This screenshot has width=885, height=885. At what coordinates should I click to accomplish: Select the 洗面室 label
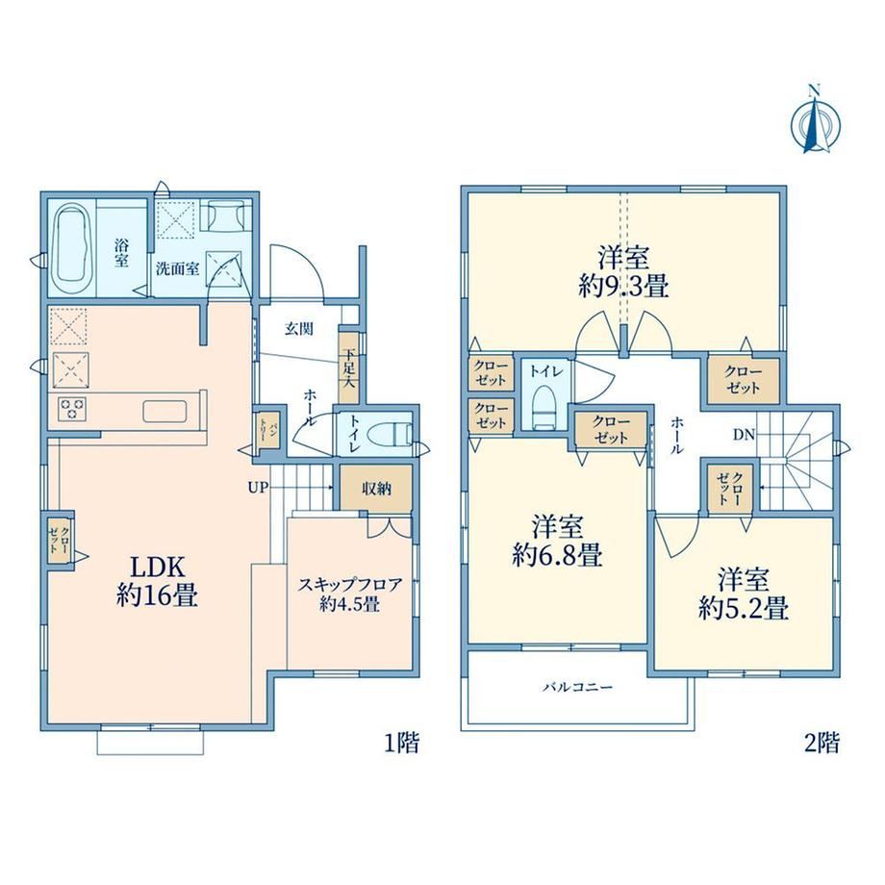tap(178, 268)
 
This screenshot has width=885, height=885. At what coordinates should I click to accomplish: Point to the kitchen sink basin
tap(164, 411)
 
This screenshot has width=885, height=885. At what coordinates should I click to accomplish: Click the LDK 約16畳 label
tap(158, 581)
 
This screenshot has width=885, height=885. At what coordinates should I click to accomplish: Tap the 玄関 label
tap(298, 328)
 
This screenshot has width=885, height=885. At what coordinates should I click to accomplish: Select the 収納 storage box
tap(376, 489)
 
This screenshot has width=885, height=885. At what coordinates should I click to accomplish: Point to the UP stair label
tap(258, 488)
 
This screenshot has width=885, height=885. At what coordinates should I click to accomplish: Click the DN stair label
tap(744, 435)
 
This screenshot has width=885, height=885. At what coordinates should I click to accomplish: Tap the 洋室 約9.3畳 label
tap(623, 272)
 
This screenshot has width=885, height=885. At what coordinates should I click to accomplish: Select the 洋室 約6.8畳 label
tap(558, 541)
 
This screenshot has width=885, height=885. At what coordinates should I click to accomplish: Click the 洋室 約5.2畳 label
tap(744, 594)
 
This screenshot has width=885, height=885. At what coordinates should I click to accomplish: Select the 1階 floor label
tap(402, 743)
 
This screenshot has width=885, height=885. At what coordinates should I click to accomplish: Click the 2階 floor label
tap(822, 743)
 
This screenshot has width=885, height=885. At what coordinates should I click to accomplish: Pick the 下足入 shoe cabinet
tap(349, 367)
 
